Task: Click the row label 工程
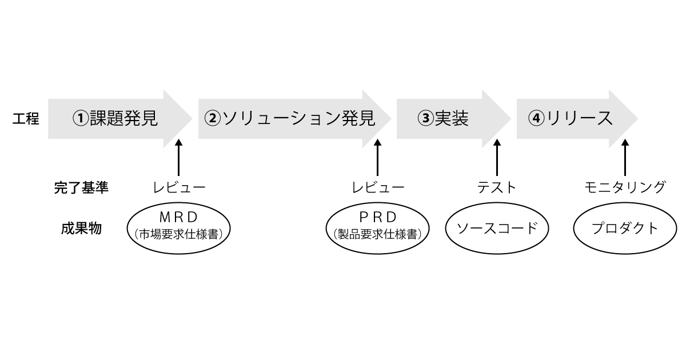click(26, 119)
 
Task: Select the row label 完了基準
click(77, 187)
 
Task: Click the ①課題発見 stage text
click(115, 118)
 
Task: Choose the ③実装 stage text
click(444, 118)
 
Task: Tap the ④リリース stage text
click(571, 118)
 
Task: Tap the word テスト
click(497, 187)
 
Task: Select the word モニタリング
click(625, 187)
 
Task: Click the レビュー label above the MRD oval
click(179, 187)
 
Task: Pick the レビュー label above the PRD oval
click(378, 187)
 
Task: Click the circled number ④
click(535, 118)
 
